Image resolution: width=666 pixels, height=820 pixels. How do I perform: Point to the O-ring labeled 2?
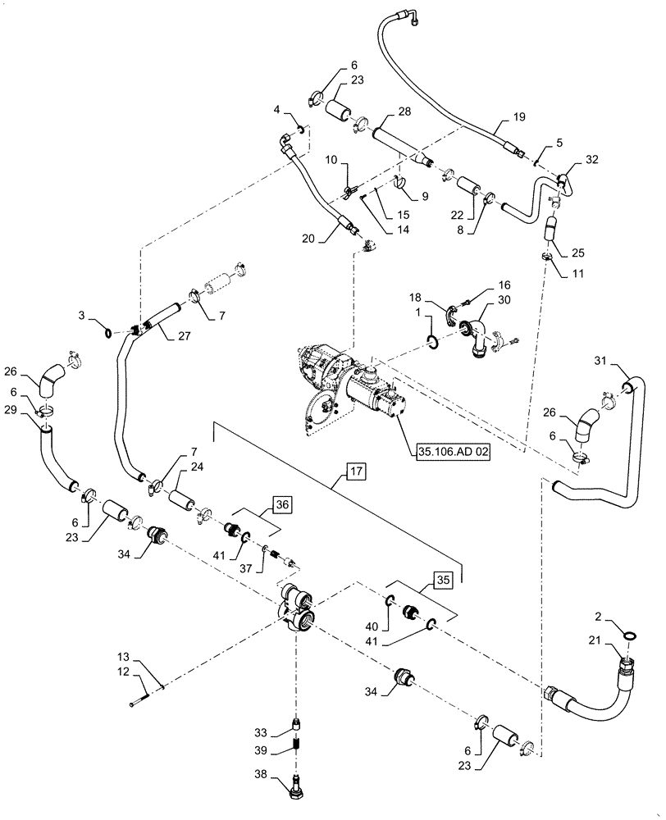(x=627, y=635)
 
